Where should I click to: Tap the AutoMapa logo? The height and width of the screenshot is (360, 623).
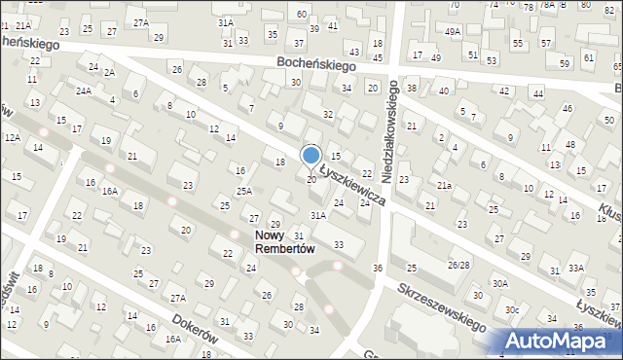pos(559,342)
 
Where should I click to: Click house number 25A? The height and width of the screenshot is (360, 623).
pos(243,192)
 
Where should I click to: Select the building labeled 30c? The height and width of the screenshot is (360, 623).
pos(511,309)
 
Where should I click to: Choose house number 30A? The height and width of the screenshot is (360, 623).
pos(499,283)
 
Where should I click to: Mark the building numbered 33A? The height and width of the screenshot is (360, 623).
pos(577,268)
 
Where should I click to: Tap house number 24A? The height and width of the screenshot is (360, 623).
pos(84,91)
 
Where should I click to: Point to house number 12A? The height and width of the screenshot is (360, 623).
pos(12,138)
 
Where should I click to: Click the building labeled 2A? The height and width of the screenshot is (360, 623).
pos(109,73)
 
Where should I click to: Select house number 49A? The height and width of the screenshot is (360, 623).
pos(453,32)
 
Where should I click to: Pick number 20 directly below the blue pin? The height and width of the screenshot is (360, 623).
pos(311,180)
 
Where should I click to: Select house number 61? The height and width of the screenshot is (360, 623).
pos(588,58)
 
